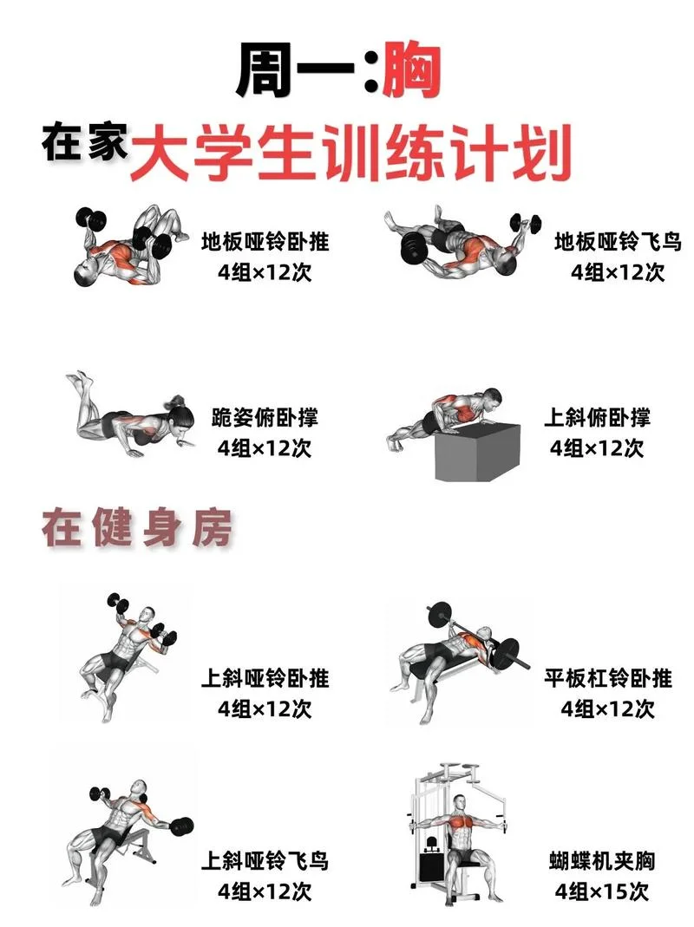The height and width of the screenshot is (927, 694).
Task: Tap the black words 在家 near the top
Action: click(85, 142)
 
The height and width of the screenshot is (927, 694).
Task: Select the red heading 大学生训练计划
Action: click(350, 152)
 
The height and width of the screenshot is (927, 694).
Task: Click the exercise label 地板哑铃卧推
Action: click(265, 242)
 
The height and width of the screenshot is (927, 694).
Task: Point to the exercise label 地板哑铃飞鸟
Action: click(618, 242)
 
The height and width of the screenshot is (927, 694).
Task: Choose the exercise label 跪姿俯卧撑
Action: click(265, 417)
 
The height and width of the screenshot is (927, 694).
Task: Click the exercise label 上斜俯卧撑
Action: click(597, 417)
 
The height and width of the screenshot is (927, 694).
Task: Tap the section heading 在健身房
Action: click(137, 527)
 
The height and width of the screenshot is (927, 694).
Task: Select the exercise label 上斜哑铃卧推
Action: click(265, 677)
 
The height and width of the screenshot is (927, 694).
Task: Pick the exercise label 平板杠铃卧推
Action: click(608, 677)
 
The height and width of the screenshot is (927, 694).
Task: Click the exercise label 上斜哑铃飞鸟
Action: click(265, 860)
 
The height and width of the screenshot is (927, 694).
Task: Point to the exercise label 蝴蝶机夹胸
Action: click(602, 861)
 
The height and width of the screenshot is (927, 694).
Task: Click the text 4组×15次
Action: click(602, 891)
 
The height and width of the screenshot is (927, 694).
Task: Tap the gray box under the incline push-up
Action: click(477, 453)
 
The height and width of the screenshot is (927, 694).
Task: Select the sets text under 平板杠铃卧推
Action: click(608, 708)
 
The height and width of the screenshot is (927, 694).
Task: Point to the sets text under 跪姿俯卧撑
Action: click(265, 447)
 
